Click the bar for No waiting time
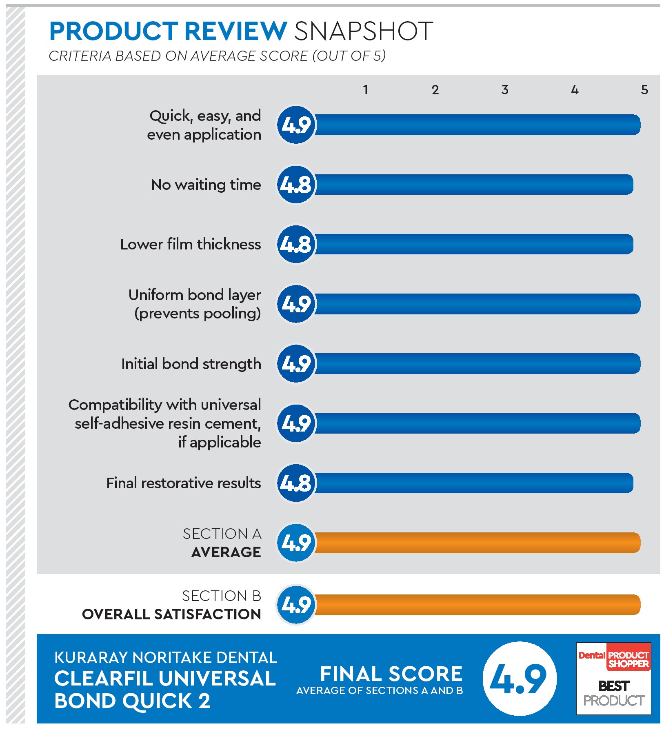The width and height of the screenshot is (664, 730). [473, 185]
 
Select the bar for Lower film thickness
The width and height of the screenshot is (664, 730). [473, 244]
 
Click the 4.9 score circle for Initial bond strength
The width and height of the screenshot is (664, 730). [297, 364]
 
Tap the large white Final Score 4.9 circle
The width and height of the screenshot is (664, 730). [519, 679]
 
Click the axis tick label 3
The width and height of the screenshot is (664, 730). [505, 90]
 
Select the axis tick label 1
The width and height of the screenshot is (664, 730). [366, 90]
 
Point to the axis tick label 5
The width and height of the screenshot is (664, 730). [644, 90]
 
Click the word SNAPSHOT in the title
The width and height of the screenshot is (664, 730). [363, 31]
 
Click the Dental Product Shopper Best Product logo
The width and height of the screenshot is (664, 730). [613, 679]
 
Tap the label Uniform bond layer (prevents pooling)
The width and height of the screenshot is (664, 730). [195, 304]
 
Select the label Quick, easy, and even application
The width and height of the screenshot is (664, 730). [204, 125]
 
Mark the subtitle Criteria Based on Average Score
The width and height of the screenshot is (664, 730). [217, 56]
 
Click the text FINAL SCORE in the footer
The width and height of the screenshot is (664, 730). [391, 674]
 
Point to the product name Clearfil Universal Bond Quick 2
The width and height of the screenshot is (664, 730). [165, 690]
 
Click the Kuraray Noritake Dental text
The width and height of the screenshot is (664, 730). [165, 658]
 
